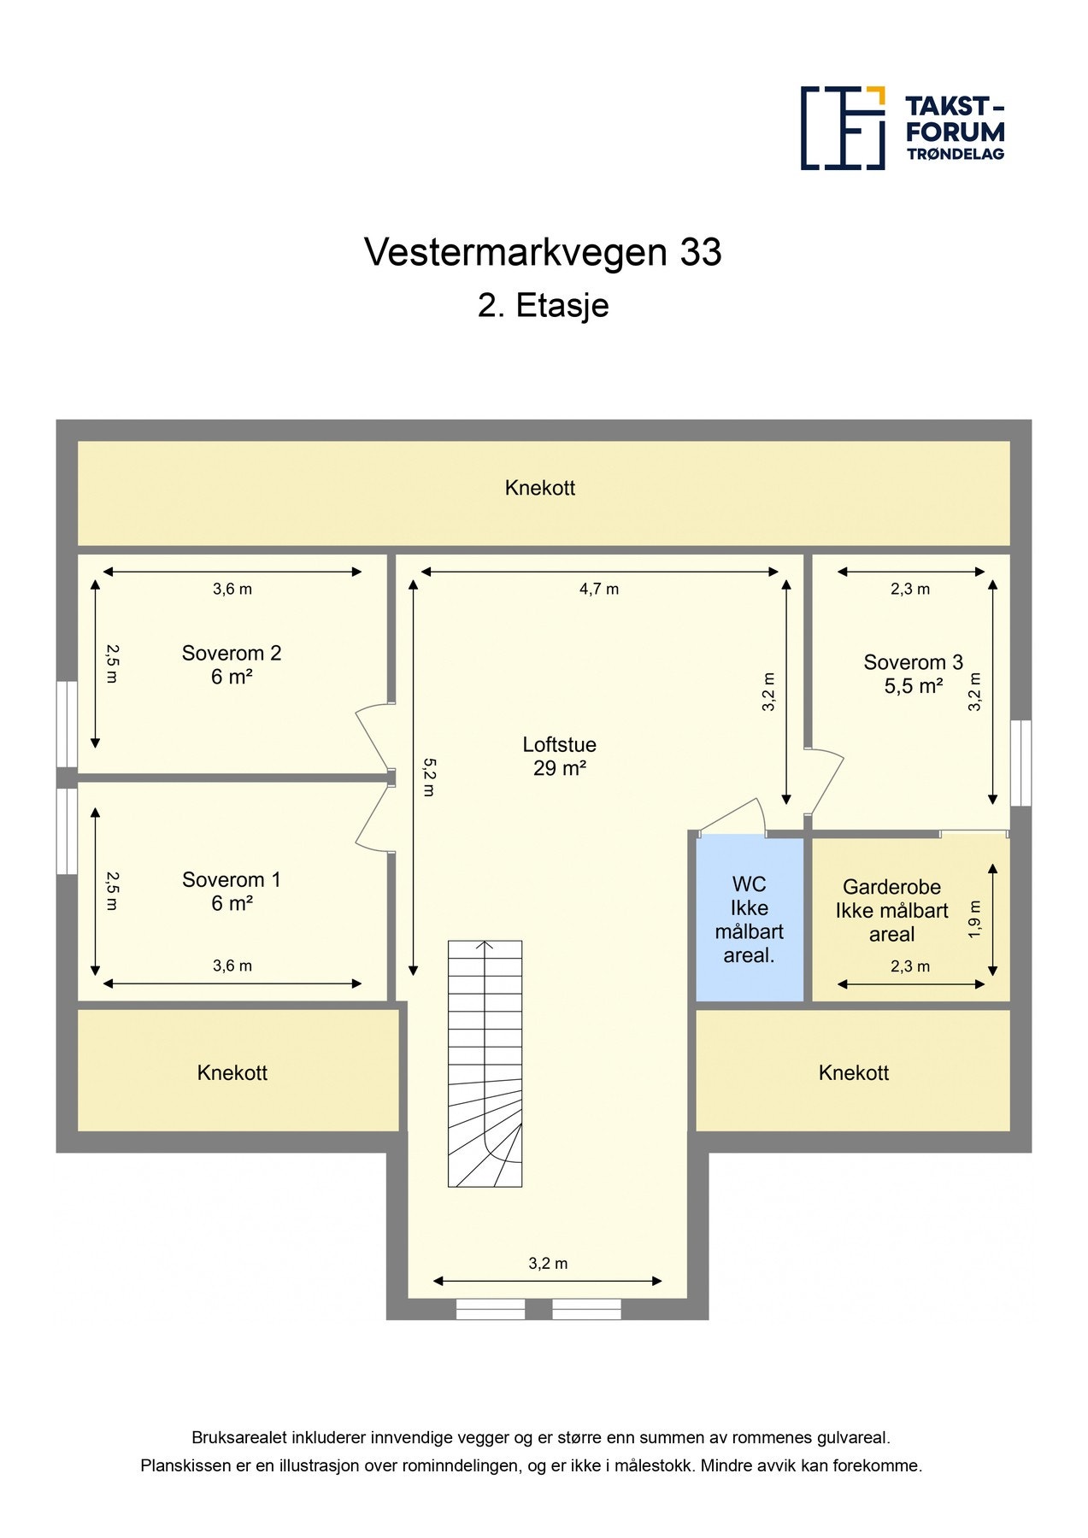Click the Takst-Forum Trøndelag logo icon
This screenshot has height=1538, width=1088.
click(842, 128)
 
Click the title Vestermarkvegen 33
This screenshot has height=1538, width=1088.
click(543, 253)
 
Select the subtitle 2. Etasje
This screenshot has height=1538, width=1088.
click(543, 306)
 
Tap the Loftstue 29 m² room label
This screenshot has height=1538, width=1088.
click(559, 756)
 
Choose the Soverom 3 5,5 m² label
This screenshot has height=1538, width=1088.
click(913, 673)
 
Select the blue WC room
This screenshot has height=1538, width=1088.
click(750, 919)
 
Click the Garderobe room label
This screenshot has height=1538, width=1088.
click(891, 911)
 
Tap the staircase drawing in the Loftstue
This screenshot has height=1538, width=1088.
click(485, 1064)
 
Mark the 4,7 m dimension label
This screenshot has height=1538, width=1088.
click(599, 590)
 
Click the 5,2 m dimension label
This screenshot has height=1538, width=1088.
click(429, 777)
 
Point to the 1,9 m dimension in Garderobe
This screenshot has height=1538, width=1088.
click(975, 919)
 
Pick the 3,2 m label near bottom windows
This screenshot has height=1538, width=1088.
click(548, 1264)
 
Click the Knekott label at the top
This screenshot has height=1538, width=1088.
click(540, 489)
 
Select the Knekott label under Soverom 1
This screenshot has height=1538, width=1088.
click(232, 1073)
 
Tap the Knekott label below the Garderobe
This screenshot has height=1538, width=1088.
click(853, 1073)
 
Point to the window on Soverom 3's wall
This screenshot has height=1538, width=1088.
click(1020, 763)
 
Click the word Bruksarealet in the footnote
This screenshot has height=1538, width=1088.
click(238, 1438)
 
